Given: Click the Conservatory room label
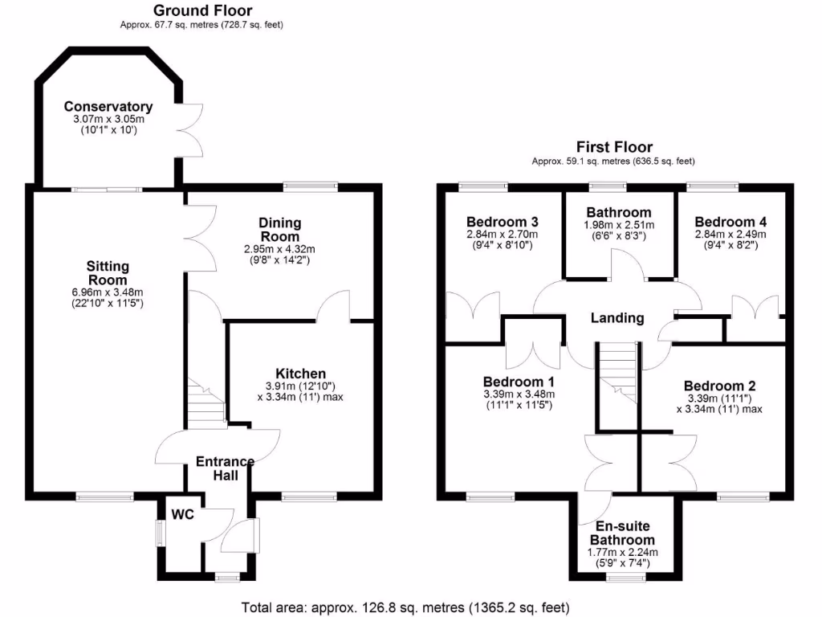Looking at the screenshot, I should coord(108,107).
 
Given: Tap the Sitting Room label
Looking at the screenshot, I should coord(108,272).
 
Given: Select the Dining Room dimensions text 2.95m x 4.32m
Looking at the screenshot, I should coord(279,248).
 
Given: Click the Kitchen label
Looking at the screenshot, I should coord(300,374).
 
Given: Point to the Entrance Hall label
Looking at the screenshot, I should coord(226,468).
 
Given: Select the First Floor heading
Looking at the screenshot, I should coord(614,147).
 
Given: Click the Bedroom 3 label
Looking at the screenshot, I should coord(502,222).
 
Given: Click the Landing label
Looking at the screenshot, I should coord(617,317).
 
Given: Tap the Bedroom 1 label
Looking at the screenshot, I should coord(519,381).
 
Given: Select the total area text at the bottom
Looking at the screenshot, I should coord(406,607).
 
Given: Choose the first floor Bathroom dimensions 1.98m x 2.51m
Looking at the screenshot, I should coord(617,225).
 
